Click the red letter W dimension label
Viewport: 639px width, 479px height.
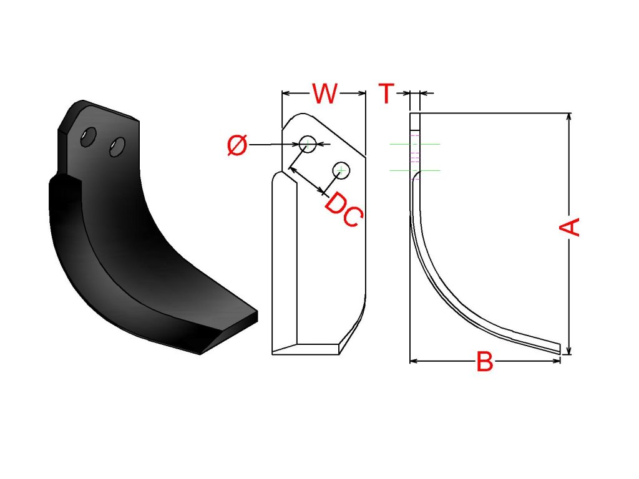pos(324,94)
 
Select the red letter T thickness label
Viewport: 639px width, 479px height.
pos(386,94)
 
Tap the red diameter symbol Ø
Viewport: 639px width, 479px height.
pos(237,145)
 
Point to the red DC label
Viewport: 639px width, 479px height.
pos(344,210)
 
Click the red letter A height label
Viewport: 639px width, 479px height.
pos(569,227)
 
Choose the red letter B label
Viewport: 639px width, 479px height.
pos(484,361)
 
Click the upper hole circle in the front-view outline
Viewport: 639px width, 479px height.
pos(308,144)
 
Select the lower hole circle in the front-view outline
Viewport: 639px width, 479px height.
pos(341,170)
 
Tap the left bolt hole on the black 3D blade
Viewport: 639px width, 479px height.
pos(89,137)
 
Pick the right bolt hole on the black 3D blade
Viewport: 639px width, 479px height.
pos(117,147)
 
